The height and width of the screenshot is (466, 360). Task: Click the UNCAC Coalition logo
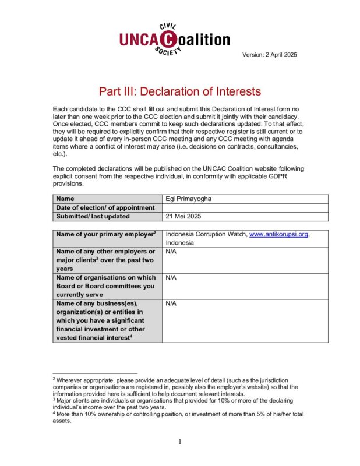(x=175, y=39)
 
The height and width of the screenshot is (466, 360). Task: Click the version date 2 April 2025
(x=270, y=55)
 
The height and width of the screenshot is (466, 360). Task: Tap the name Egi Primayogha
(x=188, y=199)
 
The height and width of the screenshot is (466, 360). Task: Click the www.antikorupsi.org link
(x=278, y=234)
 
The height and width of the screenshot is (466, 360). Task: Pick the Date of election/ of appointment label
(x=105, y=207)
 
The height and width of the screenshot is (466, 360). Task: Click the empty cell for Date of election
(x=245, y=207)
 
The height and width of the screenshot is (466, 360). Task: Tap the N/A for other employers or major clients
(x=171, y=252)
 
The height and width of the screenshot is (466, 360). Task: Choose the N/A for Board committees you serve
(x=171, y=278)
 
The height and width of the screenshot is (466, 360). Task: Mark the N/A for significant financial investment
(x=171, y=304)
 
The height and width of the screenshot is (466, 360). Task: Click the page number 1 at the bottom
(x=180, y=441)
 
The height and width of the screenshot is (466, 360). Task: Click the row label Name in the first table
(x=65, y=199)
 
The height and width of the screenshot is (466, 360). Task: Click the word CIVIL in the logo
(x=169, y=27)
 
